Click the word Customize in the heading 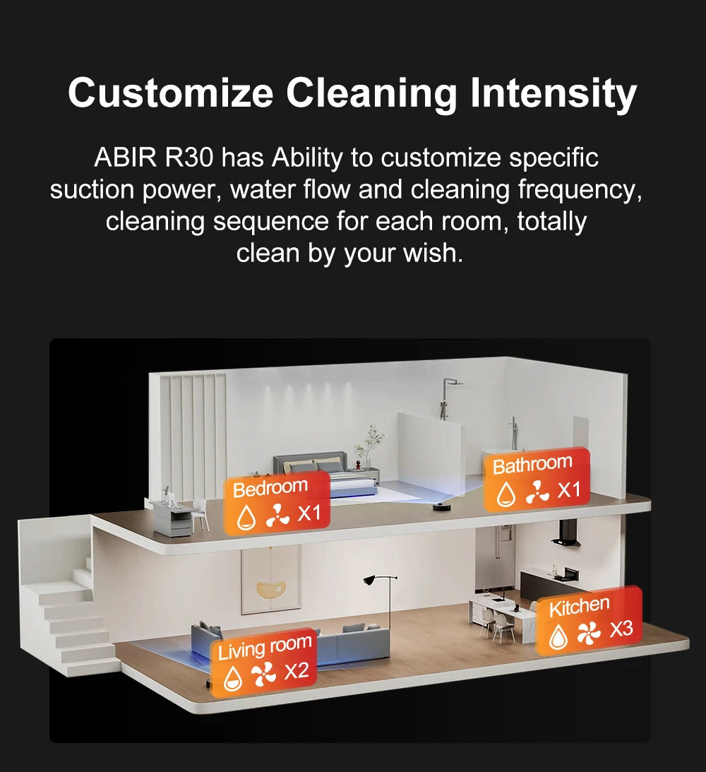170,93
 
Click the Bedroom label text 270,488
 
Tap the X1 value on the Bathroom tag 568,490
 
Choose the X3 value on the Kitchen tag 621,629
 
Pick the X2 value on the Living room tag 297,670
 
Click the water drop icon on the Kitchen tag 558,636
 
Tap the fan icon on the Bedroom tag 277,519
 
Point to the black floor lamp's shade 371,581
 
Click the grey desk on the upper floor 172,519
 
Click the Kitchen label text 579,606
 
